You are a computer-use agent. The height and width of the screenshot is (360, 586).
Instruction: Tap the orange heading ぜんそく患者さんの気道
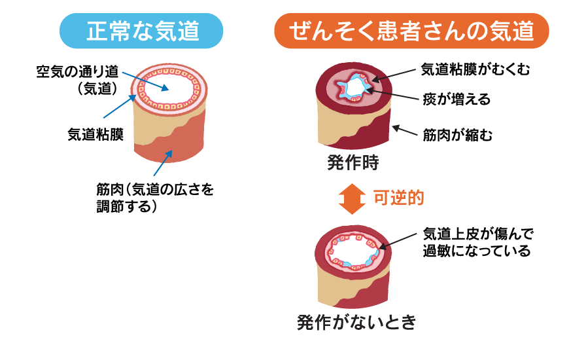(411, 31)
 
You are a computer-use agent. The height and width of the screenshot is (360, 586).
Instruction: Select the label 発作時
(353, 162)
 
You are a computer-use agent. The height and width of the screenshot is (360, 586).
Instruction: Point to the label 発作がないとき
(356, 322)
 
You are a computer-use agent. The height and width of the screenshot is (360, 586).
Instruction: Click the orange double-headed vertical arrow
(353, 198)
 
